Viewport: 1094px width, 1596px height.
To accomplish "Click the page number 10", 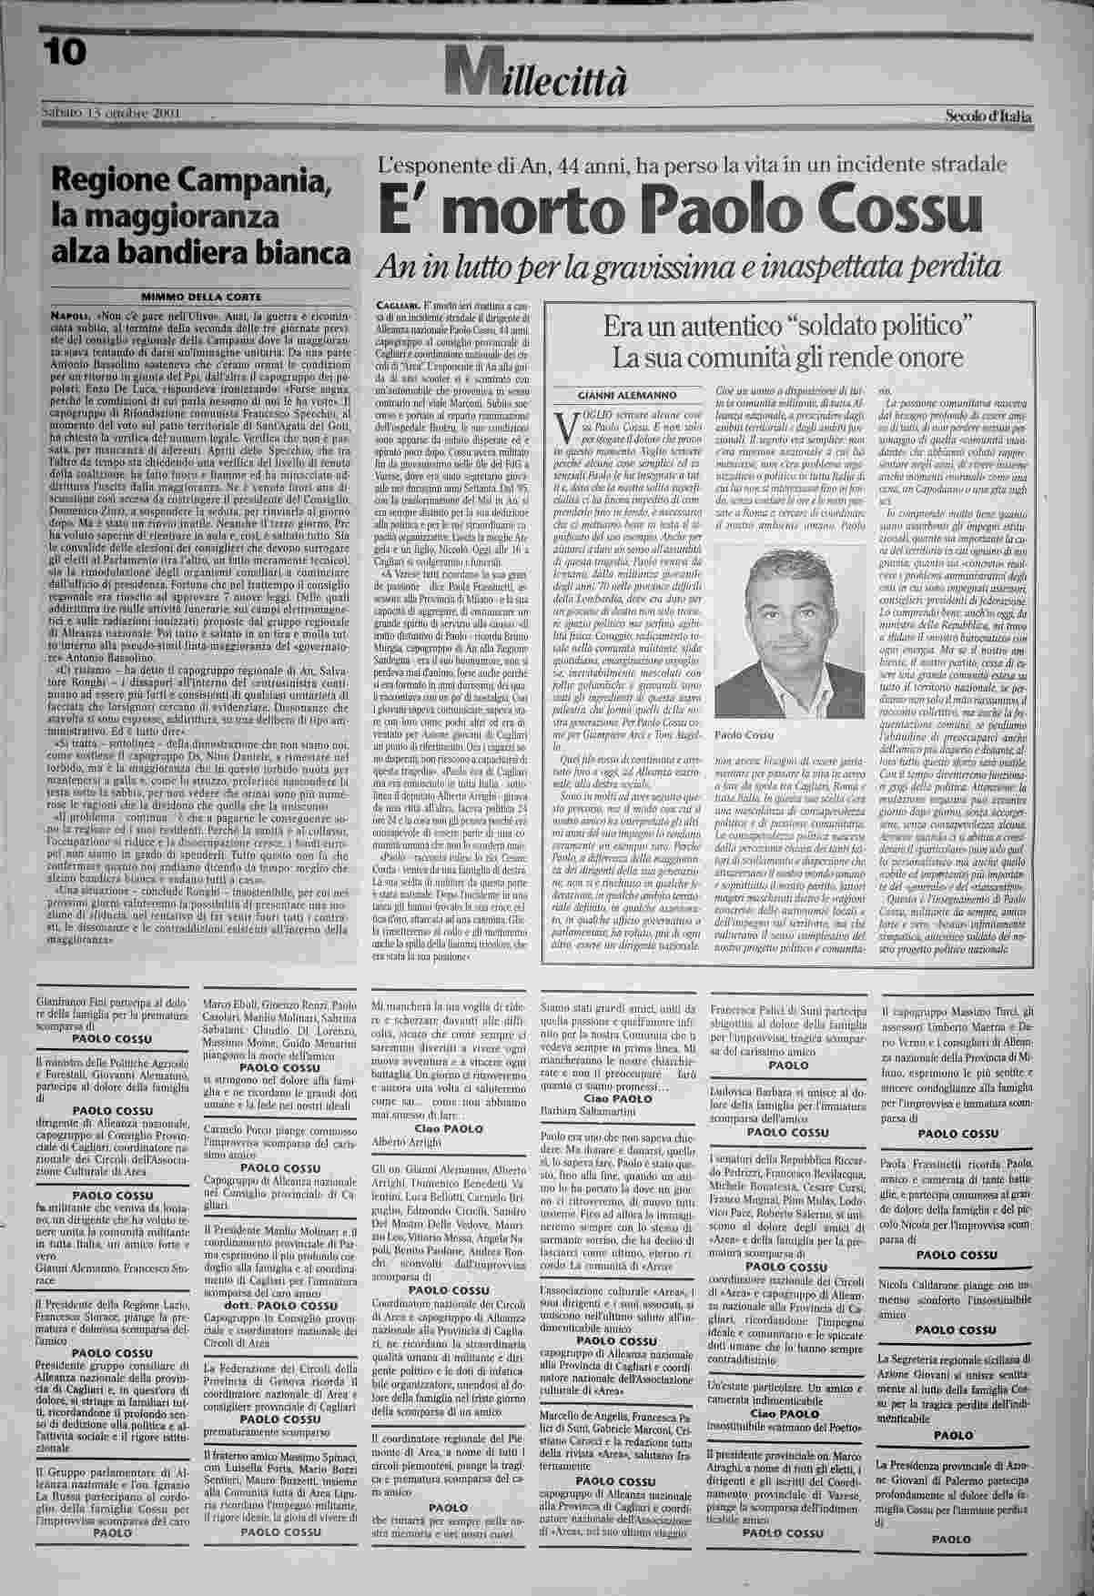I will coord(62,54).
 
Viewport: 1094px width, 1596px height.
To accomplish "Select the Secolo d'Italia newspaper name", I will coord(988,114).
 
